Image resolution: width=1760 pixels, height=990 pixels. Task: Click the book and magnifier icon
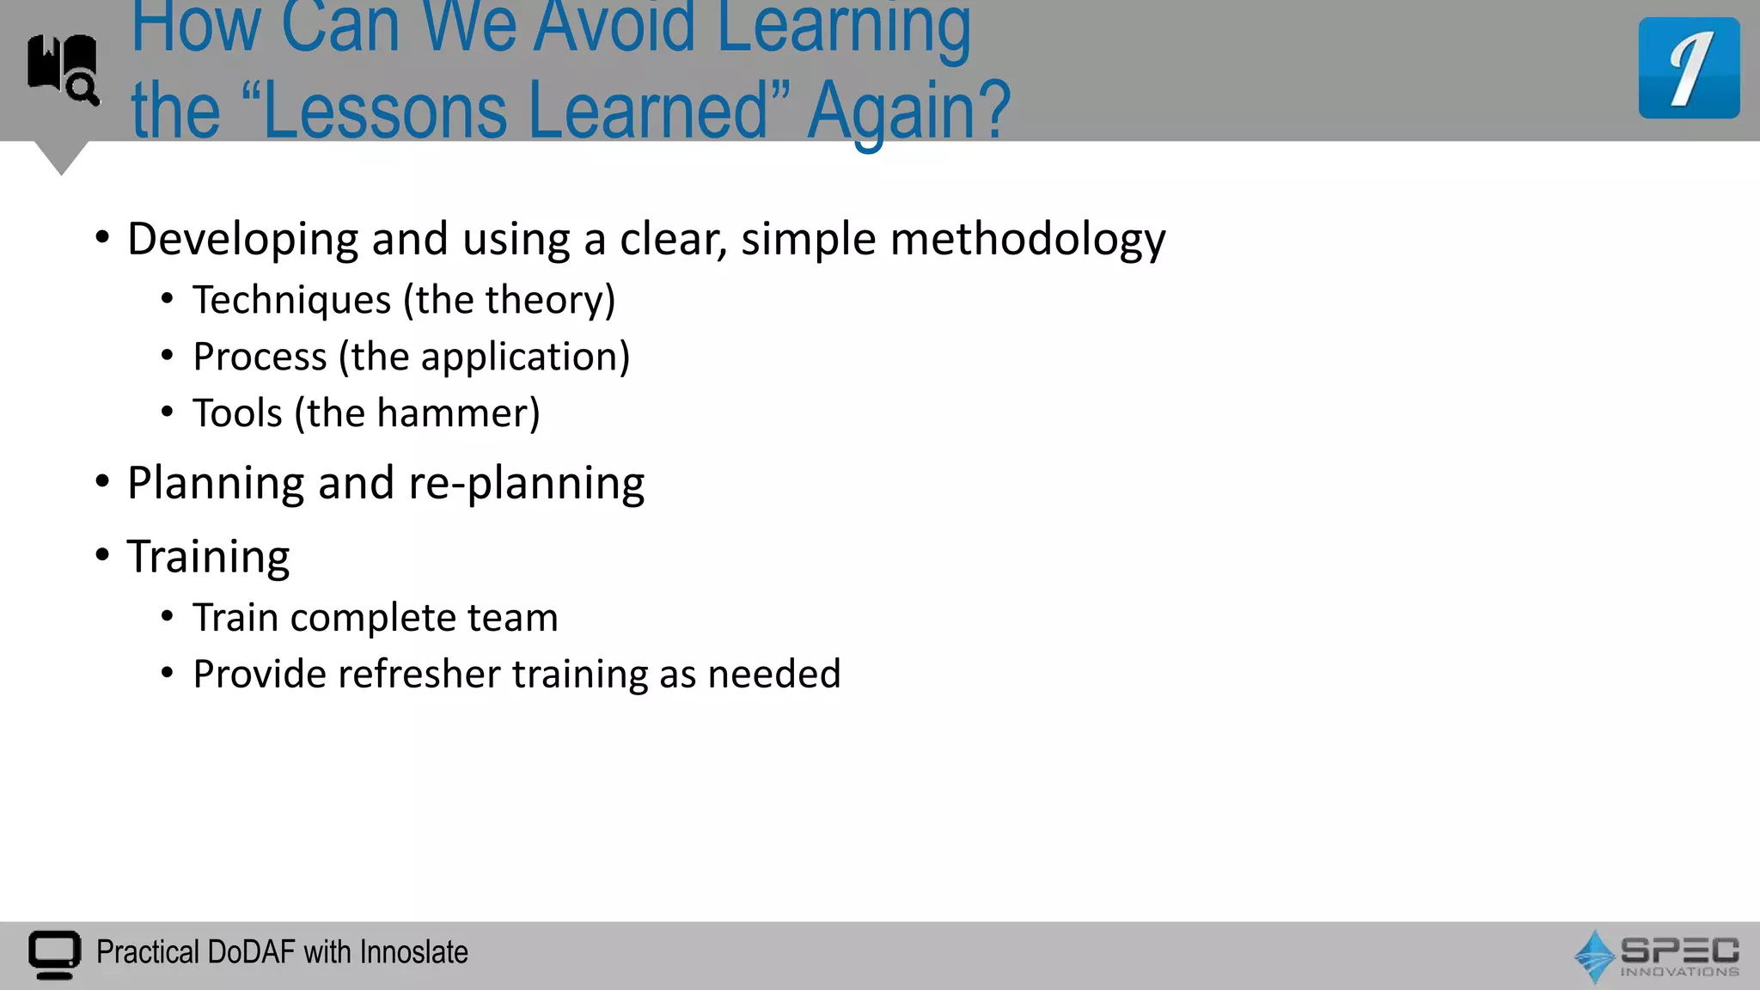(x=63, y=69)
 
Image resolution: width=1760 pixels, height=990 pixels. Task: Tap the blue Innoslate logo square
(x=1689, y=68)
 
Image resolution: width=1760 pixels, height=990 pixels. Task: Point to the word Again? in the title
(x=908, y=113)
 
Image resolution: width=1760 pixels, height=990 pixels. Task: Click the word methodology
(x=1028, y=240)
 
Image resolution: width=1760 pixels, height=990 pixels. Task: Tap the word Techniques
(x=291, y=300)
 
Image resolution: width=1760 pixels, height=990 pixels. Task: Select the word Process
(x=260, y=357)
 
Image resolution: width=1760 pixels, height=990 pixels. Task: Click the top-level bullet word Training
(x=208, y=557)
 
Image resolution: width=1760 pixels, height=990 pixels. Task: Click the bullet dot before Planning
(x=102, y=482)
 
